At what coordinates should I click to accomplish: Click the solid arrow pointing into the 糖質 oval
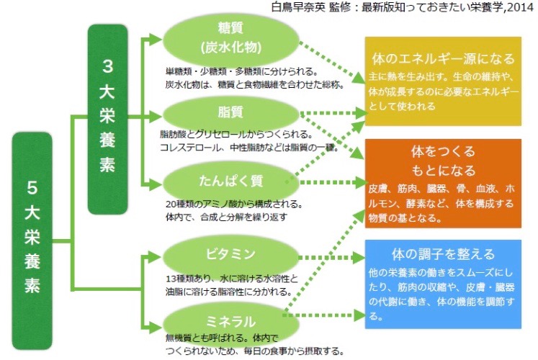[x=153, y=38]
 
